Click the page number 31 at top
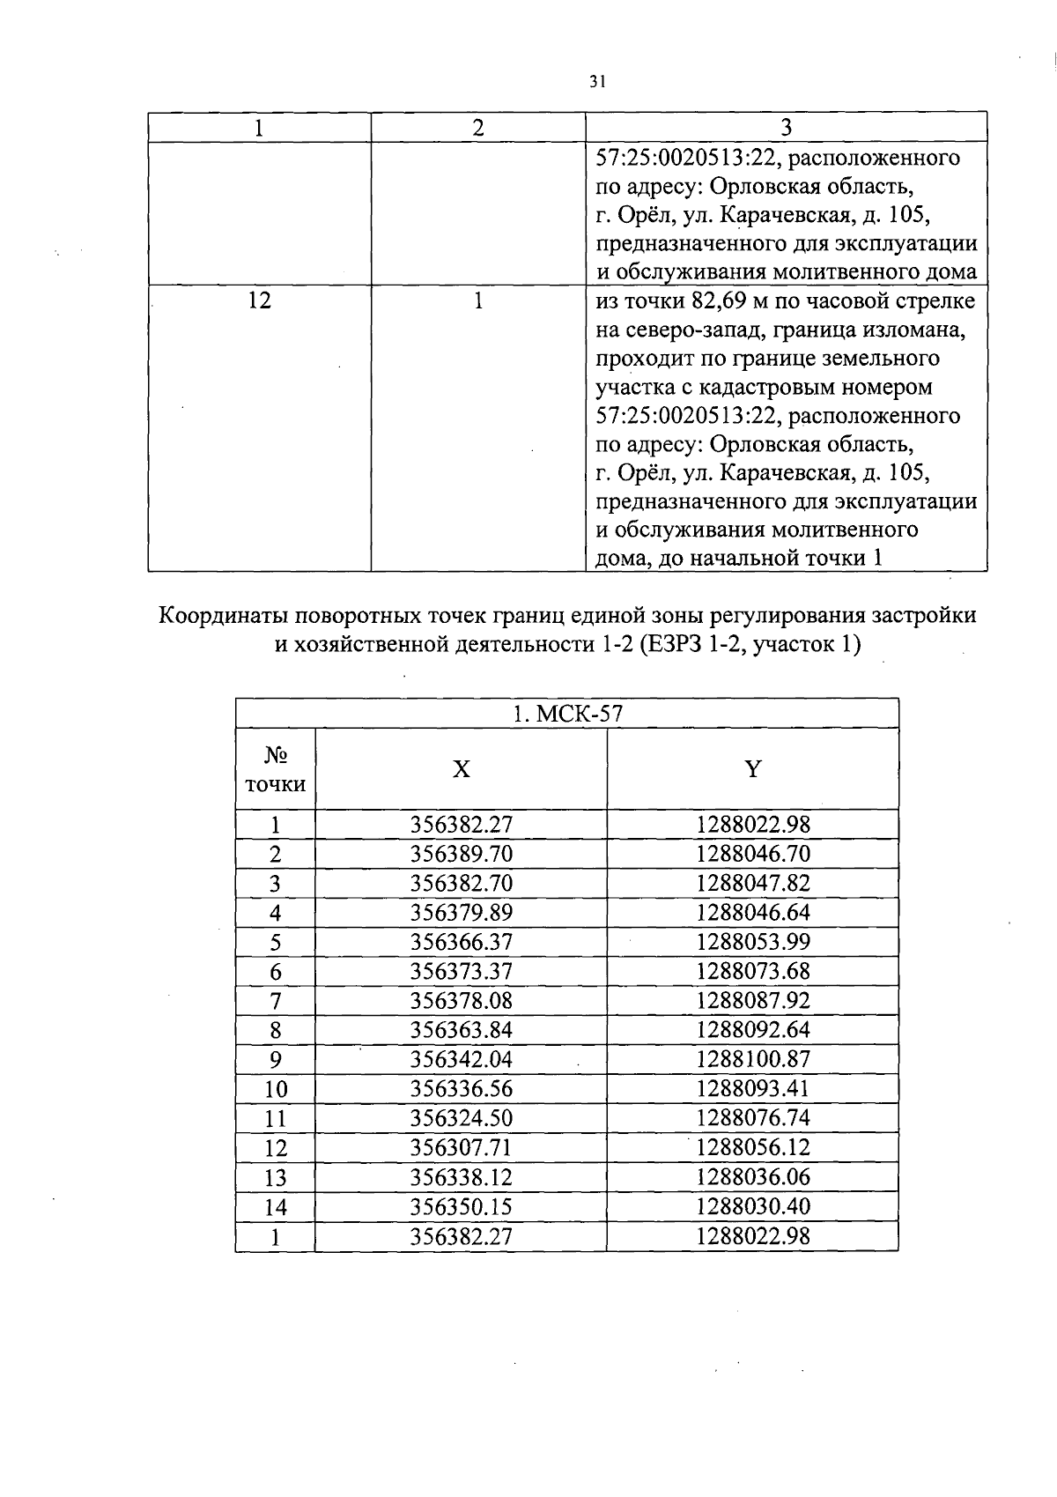pos(597,82)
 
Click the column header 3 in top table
pos(786,128)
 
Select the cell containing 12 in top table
pos(260,301)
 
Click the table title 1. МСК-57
pos(567,714)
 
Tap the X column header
pos(461,769)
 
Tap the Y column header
pos(752,769)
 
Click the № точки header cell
pos(276,769)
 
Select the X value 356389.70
pos(461,854)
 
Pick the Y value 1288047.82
pos(752,883)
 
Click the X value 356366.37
pos(461,942)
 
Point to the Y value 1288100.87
pos(752,1059)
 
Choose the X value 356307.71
pos(461,1147)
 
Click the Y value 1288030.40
pos(752,1206)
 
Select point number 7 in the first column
pos(276,1001)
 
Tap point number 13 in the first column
pos(276,1177)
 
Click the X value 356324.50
pos(461,1118)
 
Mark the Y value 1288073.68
pos(752,972)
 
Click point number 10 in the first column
pos(276,1089)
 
